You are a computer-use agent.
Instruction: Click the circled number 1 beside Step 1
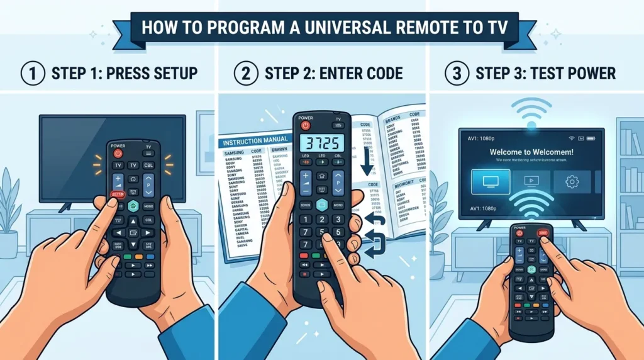point(32,73)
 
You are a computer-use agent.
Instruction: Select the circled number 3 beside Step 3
point(457,73)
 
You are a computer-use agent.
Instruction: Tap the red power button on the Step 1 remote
point(118,154)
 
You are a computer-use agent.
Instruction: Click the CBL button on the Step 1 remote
point(149,165)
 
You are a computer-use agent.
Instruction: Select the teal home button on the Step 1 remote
point(133,206)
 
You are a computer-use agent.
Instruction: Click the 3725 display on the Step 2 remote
point(321,142)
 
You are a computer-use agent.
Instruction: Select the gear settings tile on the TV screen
point(572,181)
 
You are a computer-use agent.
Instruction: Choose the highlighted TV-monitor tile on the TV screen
point(491,181)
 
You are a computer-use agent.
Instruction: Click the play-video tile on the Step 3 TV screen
point(531,181)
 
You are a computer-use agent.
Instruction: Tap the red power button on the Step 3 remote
point(519,233)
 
